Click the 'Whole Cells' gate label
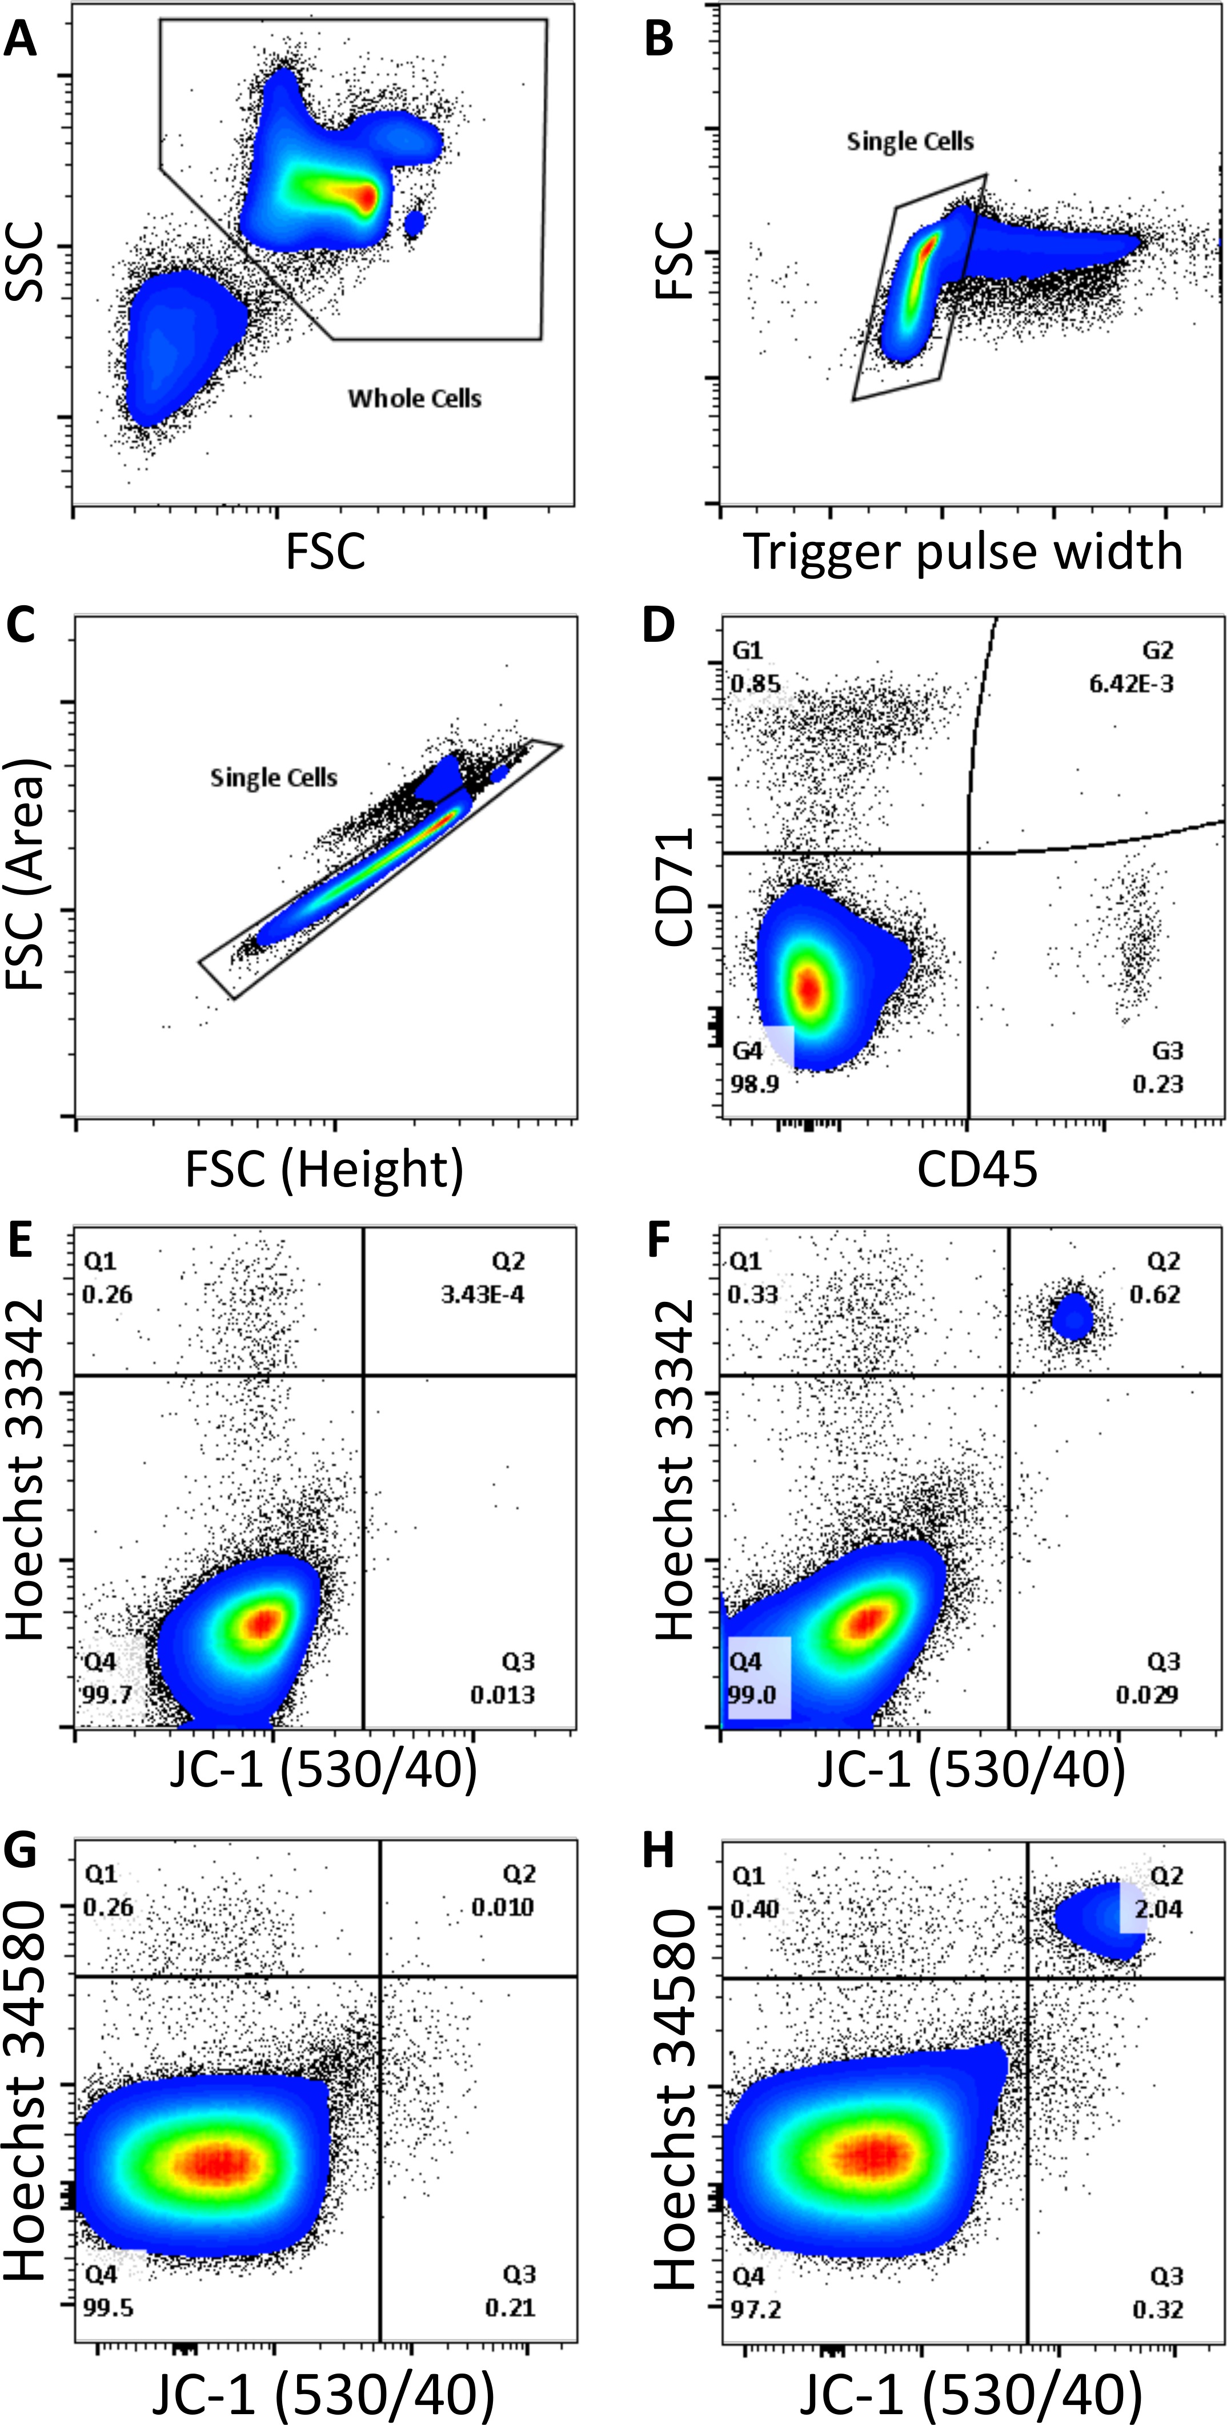[x=414, y=398]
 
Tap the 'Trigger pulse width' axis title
[x=963, y=552]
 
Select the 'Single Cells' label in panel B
[x=909, y=141]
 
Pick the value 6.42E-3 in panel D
[x=1131, y=683]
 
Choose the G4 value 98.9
[x=755, y=1084]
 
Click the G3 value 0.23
[x=1157, y=1084]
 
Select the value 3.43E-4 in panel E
[x=482, y=1294]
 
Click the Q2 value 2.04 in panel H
[x=1157, y=1908]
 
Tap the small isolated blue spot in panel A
[x=414, y=223]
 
